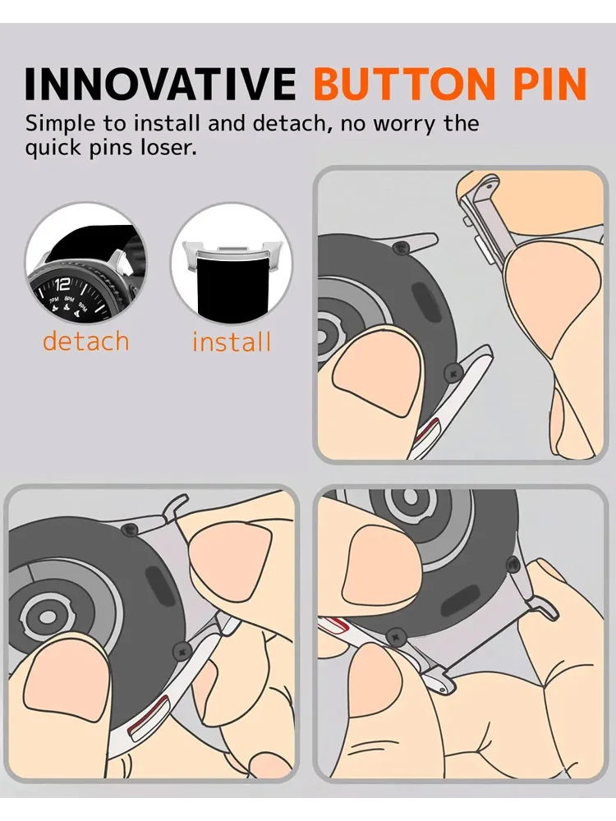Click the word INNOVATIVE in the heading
(159, 84)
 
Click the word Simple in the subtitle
(58, 125)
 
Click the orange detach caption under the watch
(86, 340)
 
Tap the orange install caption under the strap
(232, 342)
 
